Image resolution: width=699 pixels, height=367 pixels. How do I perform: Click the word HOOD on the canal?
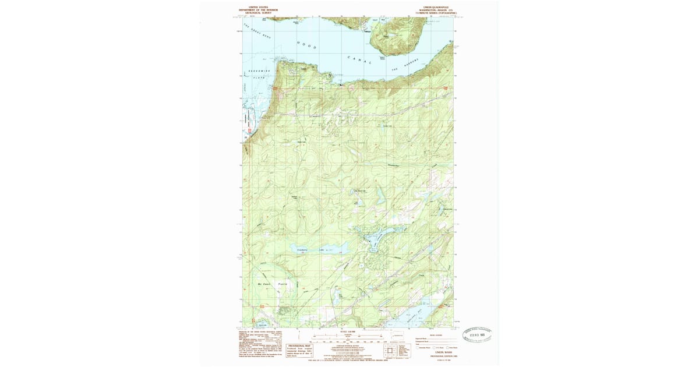click(306, 45)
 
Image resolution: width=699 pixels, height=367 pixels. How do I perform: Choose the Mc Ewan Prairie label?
click(257, 284)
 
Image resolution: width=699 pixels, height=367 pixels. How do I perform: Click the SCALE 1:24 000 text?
click(349, 331)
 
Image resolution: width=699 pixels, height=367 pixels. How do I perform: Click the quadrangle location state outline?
click(398, 336)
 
